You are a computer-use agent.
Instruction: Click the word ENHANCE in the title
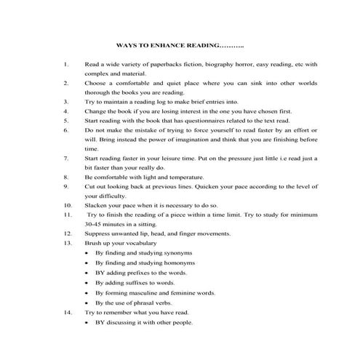tap(172, 45)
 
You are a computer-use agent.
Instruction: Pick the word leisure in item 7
tap(167, 157)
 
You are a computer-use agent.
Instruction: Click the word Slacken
tap(97, 205)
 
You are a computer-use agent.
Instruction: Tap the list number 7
tap(66, 157)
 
